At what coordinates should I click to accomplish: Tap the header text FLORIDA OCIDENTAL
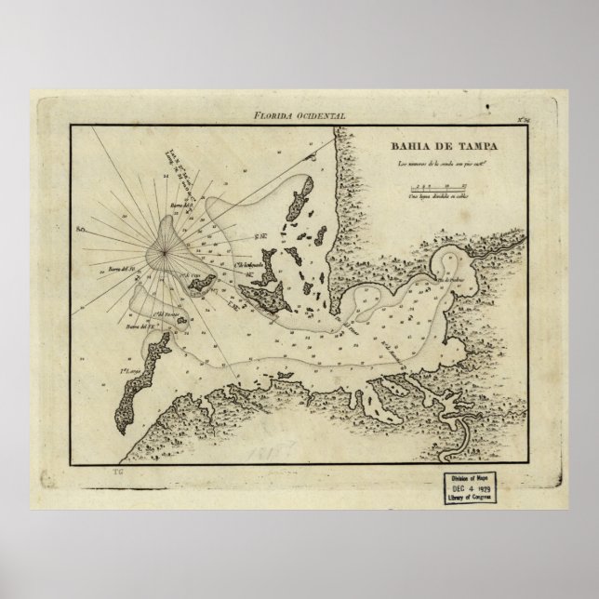(x=305, y=114)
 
